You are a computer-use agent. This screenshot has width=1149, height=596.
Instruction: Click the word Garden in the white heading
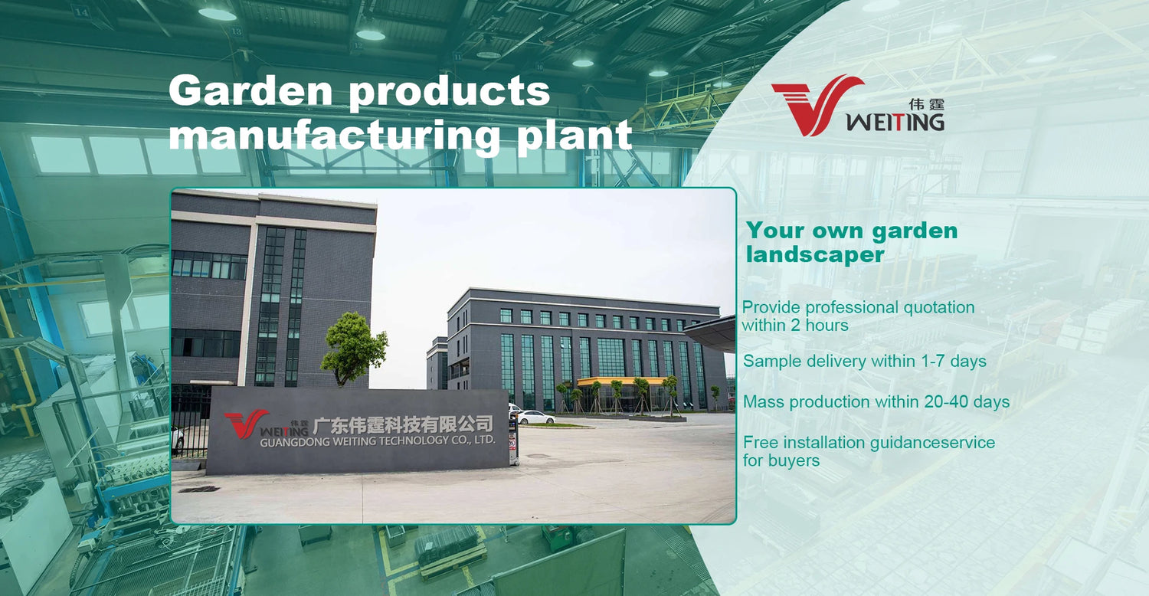(x=250, y=90)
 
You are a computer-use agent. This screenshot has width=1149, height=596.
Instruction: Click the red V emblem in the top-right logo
(x=816, y=105)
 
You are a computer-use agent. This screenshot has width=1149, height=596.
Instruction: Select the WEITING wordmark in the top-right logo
(x=895, y=122)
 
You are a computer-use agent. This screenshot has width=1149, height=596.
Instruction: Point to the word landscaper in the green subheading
(x=815, y=254)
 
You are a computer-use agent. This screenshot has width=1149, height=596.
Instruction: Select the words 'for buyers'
(x=781, y=460)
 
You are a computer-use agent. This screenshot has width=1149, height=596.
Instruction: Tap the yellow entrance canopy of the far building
(x=622, y=381)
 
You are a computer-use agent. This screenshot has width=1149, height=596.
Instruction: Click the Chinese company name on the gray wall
(x=403, y=424)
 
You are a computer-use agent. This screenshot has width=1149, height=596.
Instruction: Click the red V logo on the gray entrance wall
(x=245, y=424)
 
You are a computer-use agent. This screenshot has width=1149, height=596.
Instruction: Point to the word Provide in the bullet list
(x=771, y=307)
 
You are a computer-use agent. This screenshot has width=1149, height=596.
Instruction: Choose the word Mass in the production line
(x=764, y=401)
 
